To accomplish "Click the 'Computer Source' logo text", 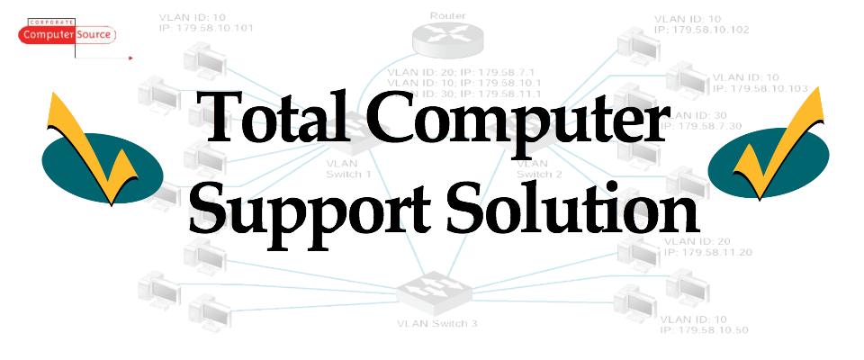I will point(67,35).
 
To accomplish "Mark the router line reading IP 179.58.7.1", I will point(463,71).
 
